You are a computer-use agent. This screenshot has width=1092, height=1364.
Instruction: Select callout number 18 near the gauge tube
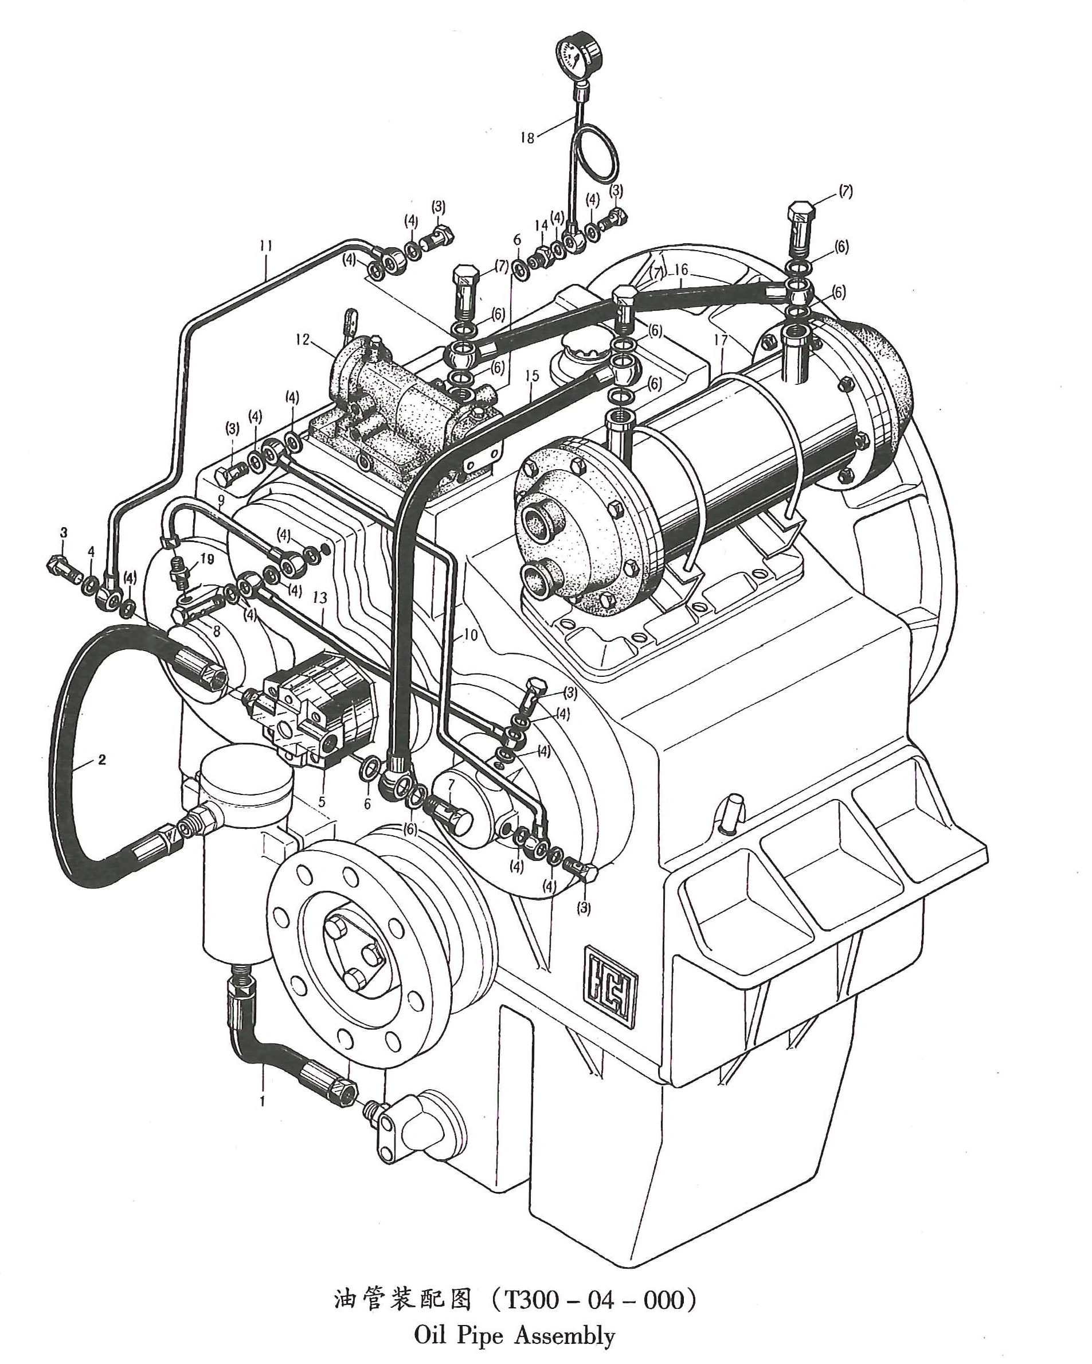pyautogui.click(x=527, y=137)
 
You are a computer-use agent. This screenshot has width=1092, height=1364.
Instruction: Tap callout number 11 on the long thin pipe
pyautogui.click(x=265, y=245)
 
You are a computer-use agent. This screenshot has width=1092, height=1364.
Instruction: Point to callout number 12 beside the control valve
pyautogui.click(x=303, y=340)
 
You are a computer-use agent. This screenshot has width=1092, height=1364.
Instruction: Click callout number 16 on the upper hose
pyautogui.click(x=680, y=270)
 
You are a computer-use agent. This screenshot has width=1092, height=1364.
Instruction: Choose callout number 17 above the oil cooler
pyautogui.click(x=721, y=340)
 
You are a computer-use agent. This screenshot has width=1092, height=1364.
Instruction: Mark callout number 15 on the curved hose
pyautogui.click(x=532, y=376)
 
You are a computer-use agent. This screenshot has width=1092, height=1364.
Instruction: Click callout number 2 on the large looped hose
pyautogui.click(x=102, y=759)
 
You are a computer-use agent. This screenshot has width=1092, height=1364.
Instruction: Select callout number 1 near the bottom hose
pyautogui.click(x=262, y=1101)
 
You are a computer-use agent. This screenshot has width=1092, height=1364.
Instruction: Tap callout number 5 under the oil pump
pyautogui.click(x=322, y=801)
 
